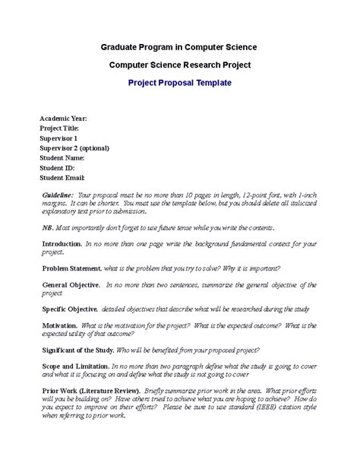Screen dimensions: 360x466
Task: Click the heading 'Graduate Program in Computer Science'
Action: point(180,47)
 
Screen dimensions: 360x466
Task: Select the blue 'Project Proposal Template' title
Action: point(180,84)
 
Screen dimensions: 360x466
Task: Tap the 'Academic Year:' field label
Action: point(63,119)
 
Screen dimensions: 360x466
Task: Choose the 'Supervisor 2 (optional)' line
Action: point(74,148)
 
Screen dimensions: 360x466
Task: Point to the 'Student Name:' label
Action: point(62,158)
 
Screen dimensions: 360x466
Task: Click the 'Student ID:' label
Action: point(58,168)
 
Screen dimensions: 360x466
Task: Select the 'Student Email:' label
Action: point(64,178)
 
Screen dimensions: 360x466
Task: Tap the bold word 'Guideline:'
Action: point(58,196)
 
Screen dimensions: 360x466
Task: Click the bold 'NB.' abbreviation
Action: point(47,228)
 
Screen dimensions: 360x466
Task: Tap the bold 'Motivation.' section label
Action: point(58,325)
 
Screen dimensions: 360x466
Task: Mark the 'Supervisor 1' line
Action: point(58,139)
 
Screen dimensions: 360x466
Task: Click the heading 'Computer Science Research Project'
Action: point(180,65)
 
